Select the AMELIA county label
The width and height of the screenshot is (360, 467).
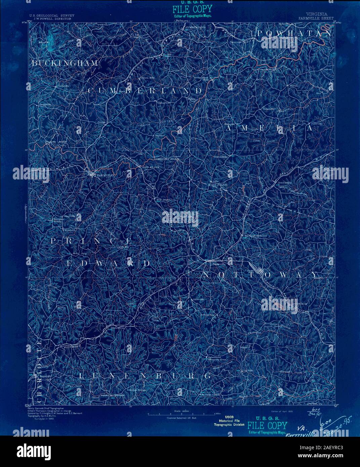(x=269, y=128)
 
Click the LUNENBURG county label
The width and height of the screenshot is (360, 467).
(x=145, y=375)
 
